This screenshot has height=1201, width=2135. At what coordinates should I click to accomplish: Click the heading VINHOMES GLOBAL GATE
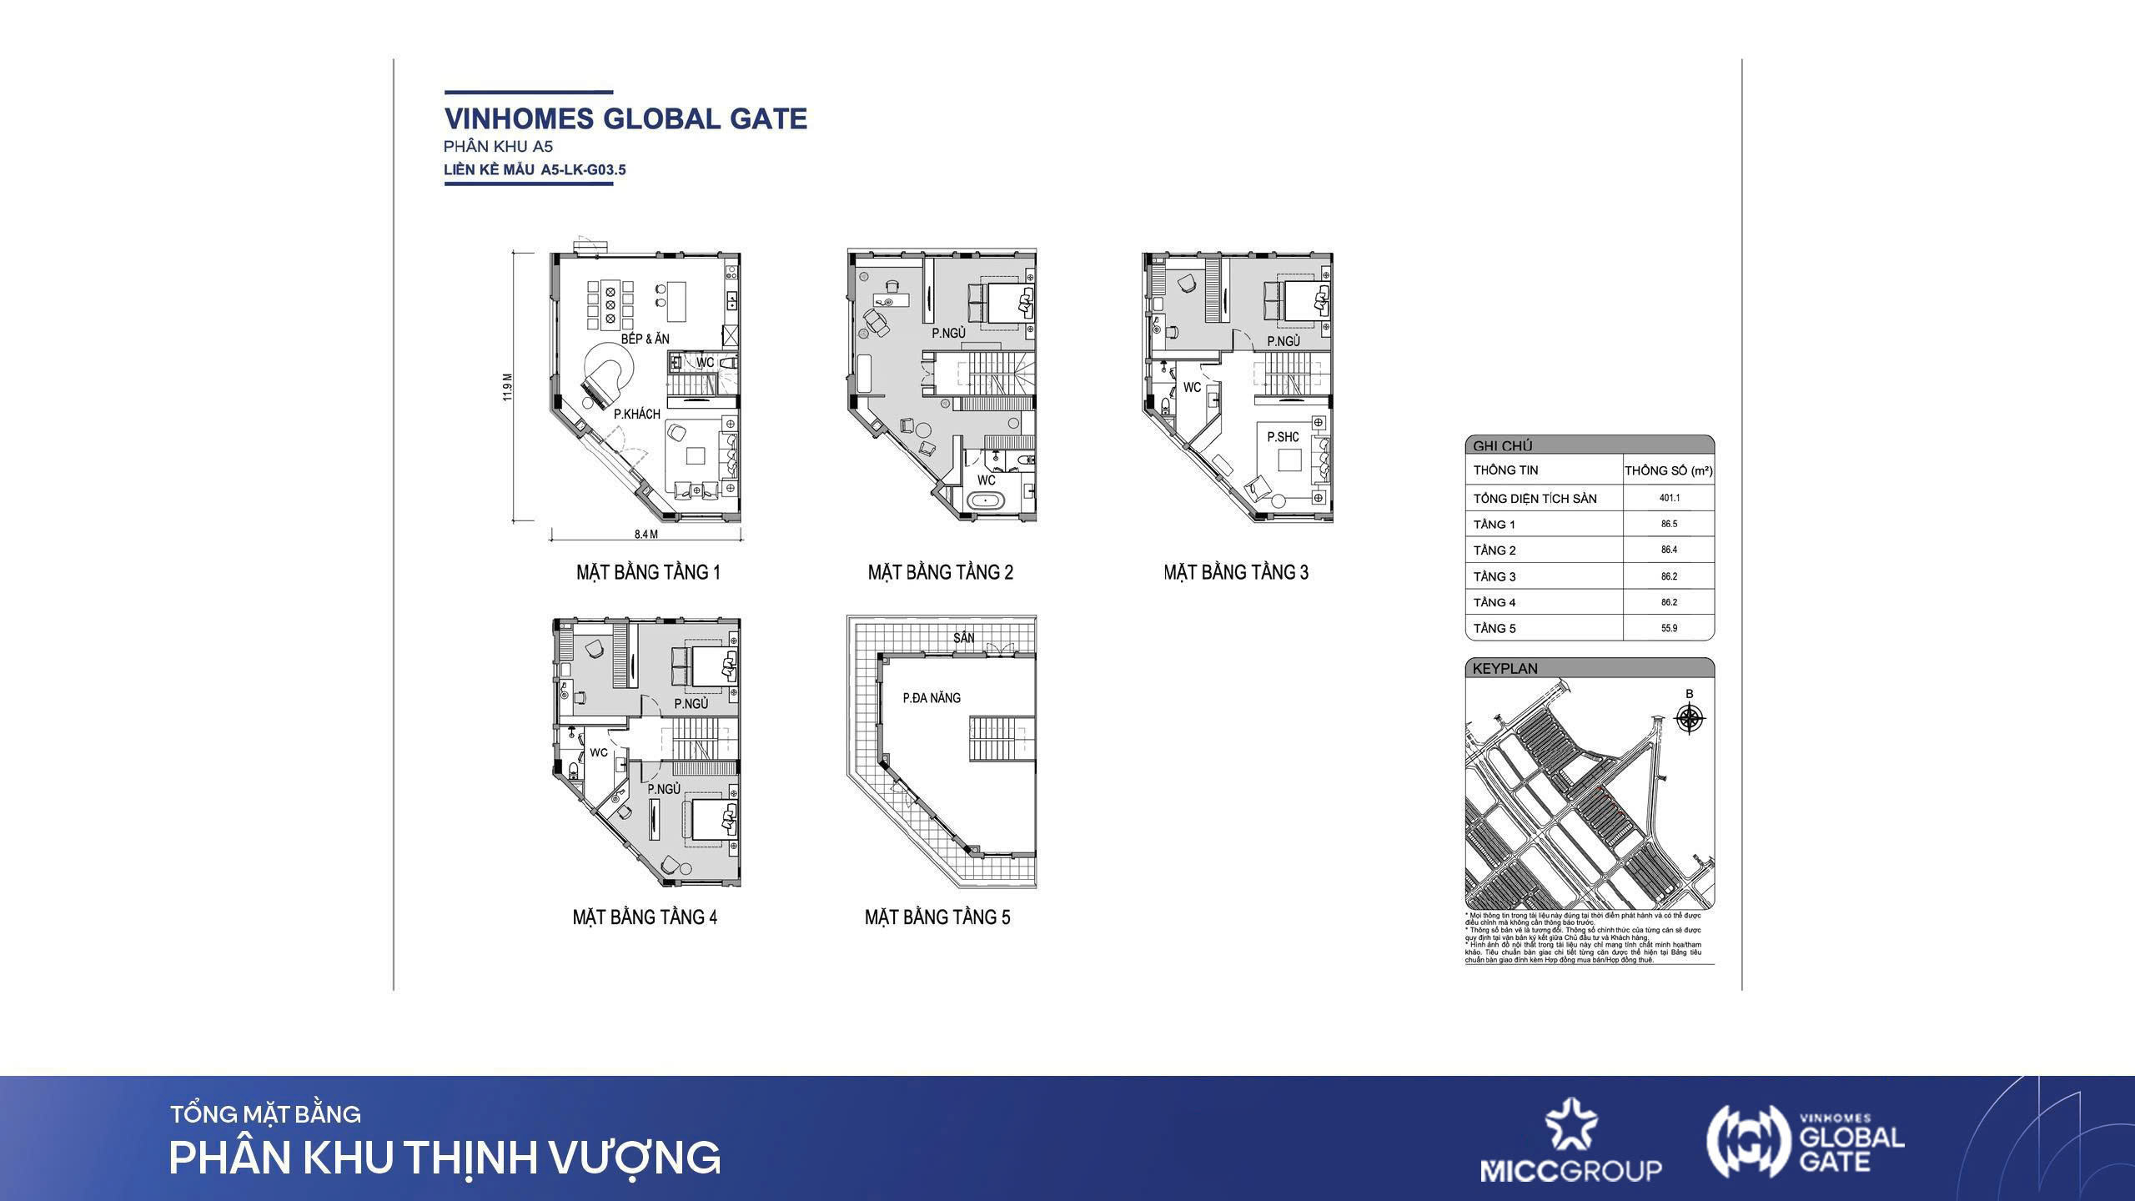point(625,118)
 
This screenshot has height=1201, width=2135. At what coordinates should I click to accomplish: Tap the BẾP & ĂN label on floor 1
point(645,339)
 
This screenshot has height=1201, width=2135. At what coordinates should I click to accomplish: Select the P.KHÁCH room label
point(636,414)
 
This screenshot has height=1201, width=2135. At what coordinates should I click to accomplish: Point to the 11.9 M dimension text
point(507,387)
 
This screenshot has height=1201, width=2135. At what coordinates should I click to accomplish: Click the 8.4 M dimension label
point(646,534)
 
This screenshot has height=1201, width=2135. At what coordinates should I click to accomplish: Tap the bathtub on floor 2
point(986,502)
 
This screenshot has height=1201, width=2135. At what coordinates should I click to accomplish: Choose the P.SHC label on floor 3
point(1283,437)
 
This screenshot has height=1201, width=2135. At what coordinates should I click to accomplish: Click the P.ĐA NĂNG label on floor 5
point(932,697)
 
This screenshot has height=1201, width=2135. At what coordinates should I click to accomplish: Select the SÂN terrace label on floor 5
point(963,638)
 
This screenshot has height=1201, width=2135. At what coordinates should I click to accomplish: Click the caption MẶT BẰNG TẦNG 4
point(645,917)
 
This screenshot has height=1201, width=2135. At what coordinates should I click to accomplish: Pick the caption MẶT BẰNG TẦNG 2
point(940,572)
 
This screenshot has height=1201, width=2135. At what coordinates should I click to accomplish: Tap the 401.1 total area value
point(1669,498)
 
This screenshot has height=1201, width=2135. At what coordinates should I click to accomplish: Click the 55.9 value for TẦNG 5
point(1669,628)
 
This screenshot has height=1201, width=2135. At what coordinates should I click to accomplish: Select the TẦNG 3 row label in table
point(1494,576)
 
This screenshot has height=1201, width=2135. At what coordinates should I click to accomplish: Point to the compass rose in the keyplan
point(1690,718)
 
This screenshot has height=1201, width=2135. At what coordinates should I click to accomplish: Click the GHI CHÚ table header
point(1502,446)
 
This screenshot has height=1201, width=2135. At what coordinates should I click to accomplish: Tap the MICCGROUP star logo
point(1570,1126)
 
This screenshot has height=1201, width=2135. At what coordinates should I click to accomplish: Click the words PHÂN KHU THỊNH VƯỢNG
point(445,1158)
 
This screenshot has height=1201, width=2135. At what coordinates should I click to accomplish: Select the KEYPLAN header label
point(1505,668)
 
